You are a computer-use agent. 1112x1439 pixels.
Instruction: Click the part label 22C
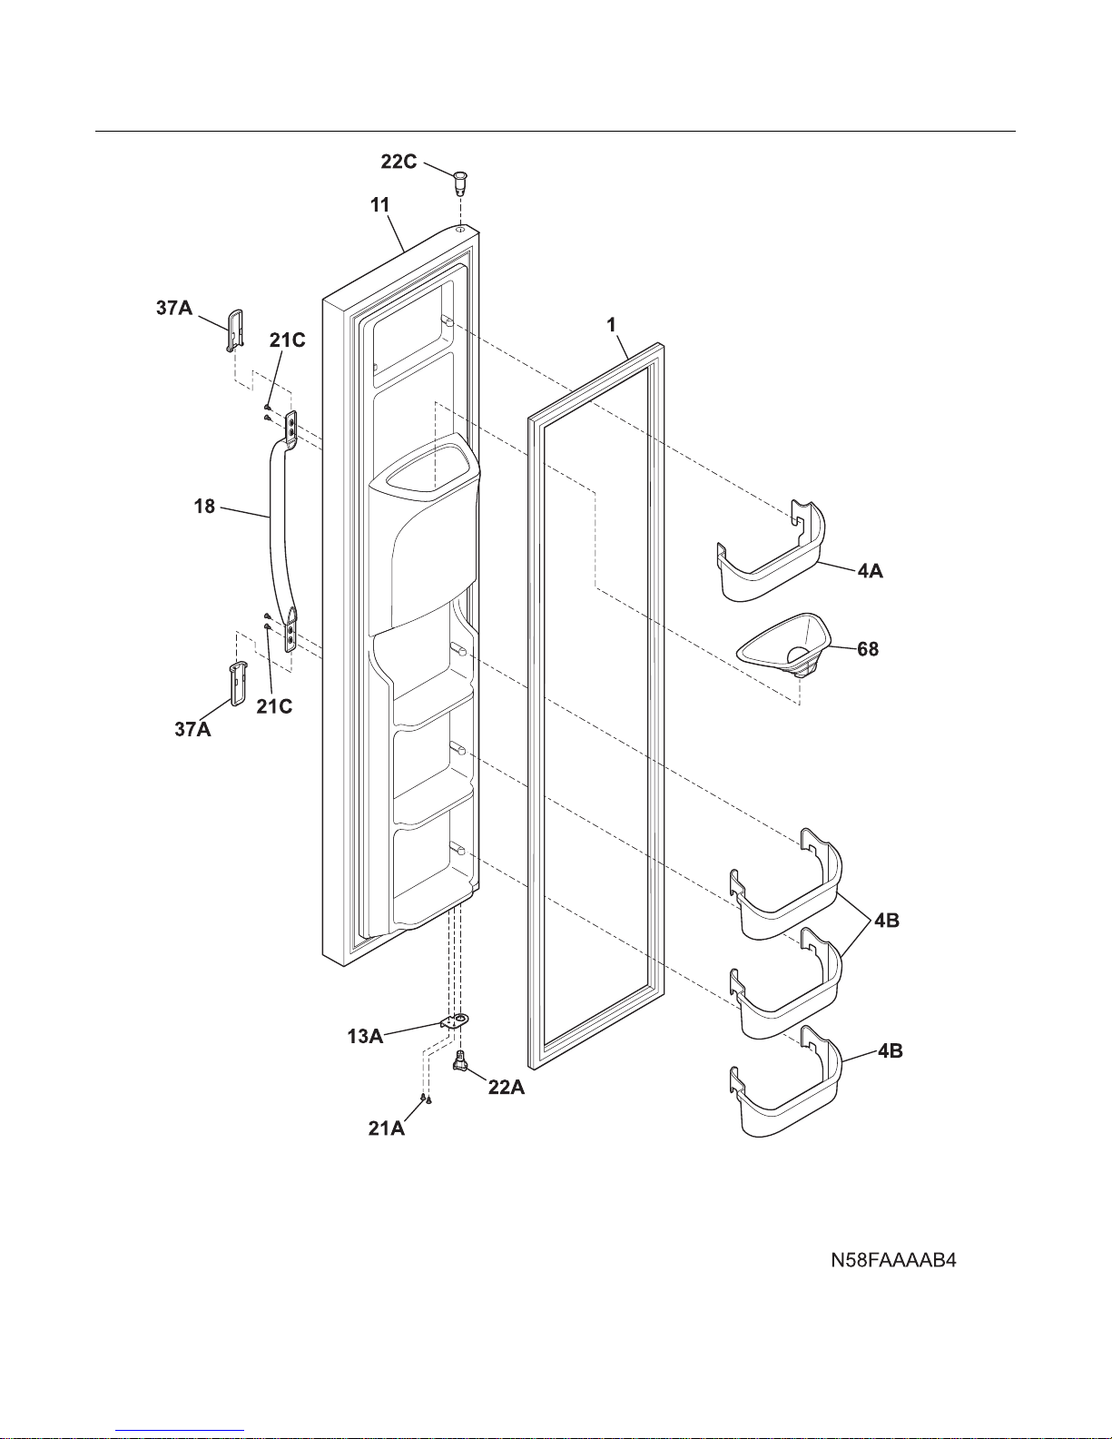click(x=399, y=162)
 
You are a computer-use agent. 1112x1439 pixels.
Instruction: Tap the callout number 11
click(x=380, y=205)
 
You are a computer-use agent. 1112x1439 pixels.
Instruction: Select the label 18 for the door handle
click(x=204, y=507)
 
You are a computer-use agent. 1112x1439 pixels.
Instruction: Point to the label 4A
click(x=871, y=571)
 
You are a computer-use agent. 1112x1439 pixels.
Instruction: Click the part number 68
click(x=868, y=649)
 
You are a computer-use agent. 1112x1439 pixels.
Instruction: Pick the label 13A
click(x=365, y=1037)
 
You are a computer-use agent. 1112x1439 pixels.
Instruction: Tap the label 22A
click(x=507, y=1088)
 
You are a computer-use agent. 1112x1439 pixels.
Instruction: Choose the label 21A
click(x=387, y=1129)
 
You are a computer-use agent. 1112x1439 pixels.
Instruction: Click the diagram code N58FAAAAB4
click(x=893, y=1260)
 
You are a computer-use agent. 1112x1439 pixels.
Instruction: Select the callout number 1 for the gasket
click(x=611, y=325)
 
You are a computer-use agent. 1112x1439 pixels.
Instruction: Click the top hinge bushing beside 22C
click(x=460, y=182)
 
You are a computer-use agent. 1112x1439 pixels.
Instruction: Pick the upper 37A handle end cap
click(x=234, y=330)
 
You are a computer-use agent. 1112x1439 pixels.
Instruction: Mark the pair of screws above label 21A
click(x=427, y=1099)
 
